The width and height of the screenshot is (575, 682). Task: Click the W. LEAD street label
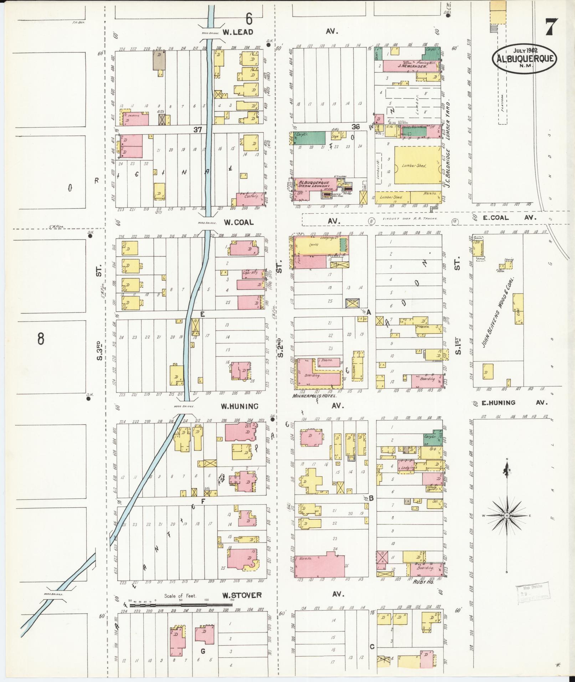pyautogui.click(x=238, y=32)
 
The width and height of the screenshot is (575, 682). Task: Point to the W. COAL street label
pyautogui.click(x=238, y=222)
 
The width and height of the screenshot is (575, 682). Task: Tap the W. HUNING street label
pyautogui.click(x=239, y=406)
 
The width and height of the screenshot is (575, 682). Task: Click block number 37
pyautogui.click(x=198, y=130)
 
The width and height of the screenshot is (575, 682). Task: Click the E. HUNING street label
pyautogui.click(x=498, y=403)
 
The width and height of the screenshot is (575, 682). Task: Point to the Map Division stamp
pyautogui.click(x=530, y=595)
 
